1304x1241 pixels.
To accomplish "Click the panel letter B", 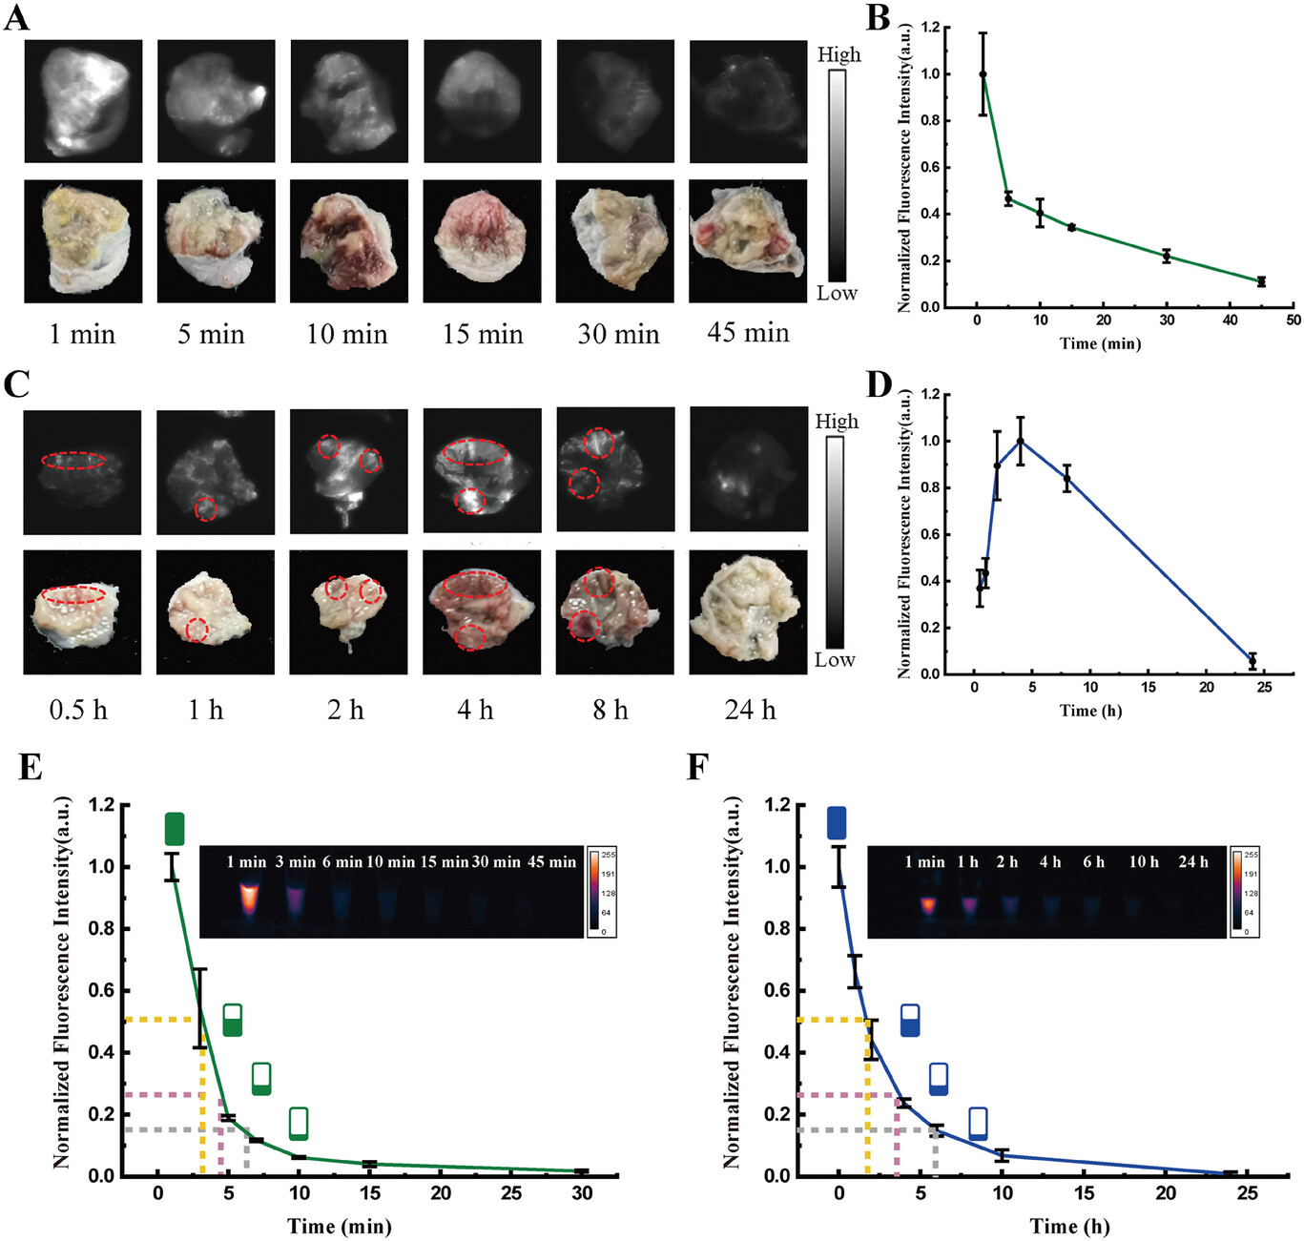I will [877, 17].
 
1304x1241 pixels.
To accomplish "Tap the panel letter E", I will [30, 767].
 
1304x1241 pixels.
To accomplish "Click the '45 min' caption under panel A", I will [748, 333].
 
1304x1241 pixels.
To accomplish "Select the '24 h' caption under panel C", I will [750, 710].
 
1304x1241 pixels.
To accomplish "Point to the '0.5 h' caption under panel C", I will [78, 710].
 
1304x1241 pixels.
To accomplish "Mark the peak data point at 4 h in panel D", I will [1021, 441].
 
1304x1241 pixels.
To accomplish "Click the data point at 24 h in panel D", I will [1252, 660].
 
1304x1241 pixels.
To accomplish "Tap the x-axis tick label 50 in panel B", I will [1293, 321].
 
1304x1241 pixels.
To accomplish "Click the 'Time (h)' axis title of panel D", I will [1090, 711].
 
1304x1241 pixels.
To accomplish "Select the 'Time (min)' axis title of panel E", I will [340, 1227].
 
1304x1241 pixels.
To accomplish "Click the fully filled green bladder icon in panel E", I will [175, 829].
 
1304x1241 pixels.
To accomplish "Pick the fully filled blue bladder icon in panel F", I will [837, 822].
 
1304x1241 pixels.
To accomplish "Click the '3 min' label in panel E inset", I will [296, 862].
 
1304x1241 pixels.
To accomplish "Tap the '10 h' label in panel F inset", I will [1144, 862].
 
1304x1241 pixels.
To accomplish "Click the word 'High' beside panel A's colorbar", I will [838, 54].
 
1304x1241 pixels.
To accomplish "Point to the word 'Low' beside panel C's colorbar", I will [835, 660].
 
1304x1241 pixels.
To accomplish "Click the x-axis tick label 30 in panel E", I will [582, 1193].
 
